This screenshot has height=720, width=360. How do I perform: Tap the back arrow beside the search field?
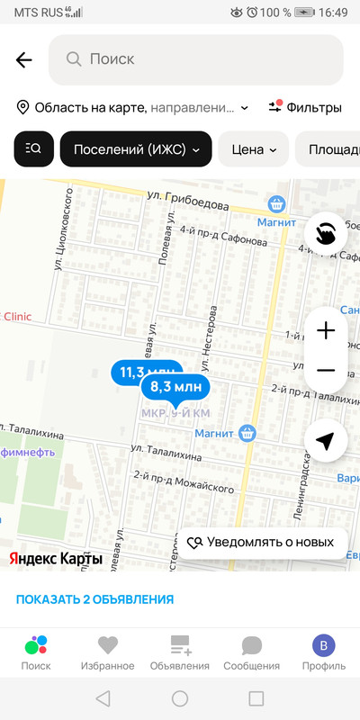click(23, 60)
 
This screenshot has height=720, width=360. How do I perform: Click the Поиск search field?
click(196, 59)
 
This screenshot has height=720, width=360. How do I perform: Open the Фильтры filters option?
click(306, 107)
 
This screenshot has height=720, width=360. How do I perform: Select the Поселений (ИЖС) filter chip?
click(136, 149)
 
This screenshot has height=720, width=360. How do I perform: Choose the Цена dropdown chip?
click(253, 149)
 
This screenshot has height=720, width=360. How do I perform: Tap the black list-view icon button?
click(34, 149)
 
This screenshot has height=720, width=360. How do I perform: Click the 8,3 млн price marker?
click(175, 387)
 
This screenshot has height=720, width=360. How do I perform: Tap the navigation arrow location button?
click(325, 440)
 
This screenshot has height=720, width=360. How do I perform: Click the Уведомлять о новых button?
click(261, 542)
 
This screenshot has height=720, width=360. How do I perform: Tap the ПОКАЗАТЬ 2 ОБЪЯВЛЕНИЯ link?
click(94, 599)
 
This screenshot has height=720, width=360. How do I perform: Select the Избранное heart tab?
click(108, 652)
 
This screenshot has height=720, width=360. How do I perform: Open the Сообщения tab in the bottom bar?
click(252, 652)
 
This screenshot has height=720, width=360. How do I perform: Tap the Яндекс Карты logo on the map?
click(56, 558)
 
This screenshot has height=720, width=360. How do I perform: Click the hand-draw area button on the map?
click(325, 231)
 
